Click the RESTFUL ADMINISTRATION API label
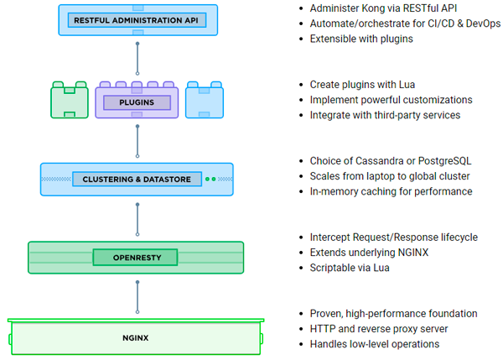137,19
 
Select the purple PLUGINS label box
137,103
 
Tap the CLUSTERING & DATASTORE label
137,179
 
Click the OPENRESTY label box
137,257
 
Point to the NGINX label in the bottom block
137,338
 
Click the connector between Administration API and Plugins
137,56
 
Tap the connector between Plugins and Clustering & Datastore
137,141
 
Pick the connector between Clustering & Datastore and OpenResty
137,217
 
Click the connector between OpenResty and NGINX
137,295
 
